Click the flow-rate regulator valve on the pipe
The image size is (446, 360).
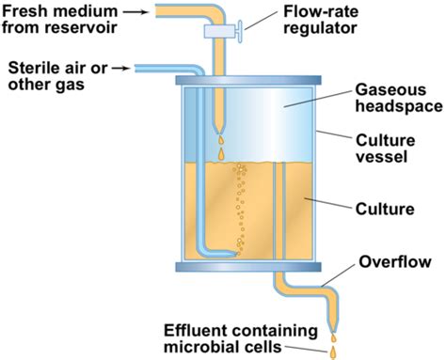point(225,32)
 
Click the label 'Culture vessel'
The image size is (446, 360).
point(380,149)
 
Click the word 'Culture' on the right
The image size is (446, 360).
point(380,206)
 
